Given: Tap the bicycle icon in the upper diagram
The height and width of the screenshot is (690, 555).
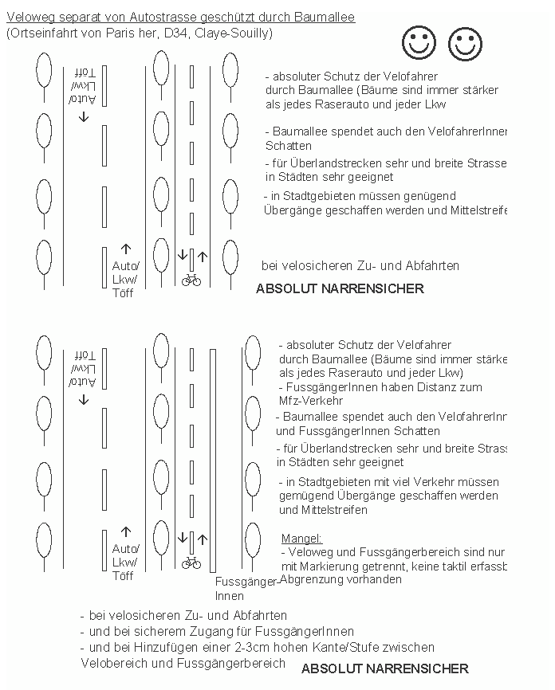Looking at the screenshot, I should [191, 280].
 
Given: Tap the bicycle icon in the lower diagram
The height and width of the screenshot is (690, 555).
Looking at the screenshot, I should [191, 563].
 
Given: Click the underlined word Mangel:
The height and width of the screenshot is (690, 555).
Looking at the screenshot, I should [301, 539].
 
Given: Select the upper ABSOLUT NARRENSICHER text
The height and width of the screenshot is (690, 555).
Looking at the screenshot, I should [340, 288].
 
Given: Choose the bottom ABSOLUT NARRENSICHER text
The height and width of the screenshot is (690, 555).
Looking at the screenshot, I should [384, 668].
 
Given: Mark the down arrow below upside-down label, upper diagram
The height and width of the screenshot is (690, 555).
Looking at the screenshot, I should [84, 117].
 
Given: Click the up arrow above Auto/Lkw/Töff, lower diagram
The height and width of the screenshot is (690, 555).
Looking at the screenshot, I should [125, 531].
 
